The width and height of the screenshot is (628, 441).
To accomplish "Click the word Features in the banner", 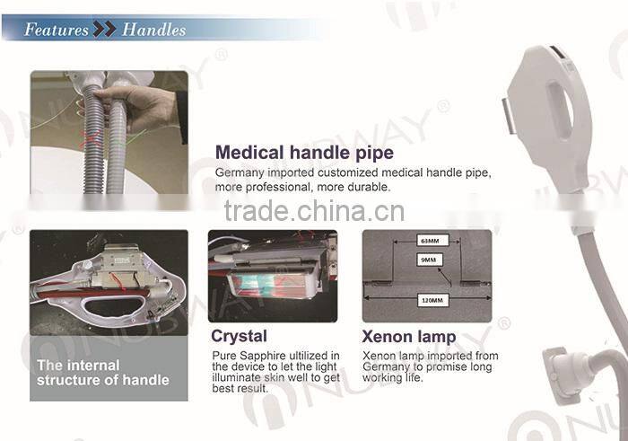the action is point(56,30).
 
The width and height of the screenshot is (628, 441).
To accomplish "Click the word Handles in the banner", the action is point(153,30).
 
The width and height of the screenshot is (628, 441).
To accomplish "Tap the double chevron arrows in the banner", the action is point(105,30).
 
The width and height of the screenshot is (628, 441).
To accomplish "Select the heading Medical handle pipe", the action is point(304,153).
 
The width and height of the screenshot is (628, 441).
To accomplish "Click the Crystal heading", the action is point(240,336).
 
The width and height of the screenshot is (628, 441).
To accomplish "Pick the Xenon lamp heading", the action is point(409,337).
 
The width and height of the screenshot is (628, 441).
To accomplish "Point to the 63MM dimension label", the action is point(430,241).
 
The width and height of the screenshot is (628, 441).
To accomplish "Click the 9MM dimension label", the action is point(429,260).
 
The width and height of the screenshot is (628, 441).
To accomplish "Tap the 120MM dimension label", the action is point(432,300).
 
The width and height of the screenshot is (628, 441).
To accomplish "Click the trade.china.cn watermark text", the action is point(314,211).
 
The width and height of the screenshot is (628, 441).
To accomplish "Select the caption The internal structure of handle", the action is point(103,373).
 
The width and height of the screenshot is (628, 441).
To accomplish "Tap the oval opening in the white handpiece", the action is point(560,110).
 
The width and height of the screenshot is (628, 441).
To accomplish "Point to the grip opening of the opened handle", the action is point(114,307).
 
